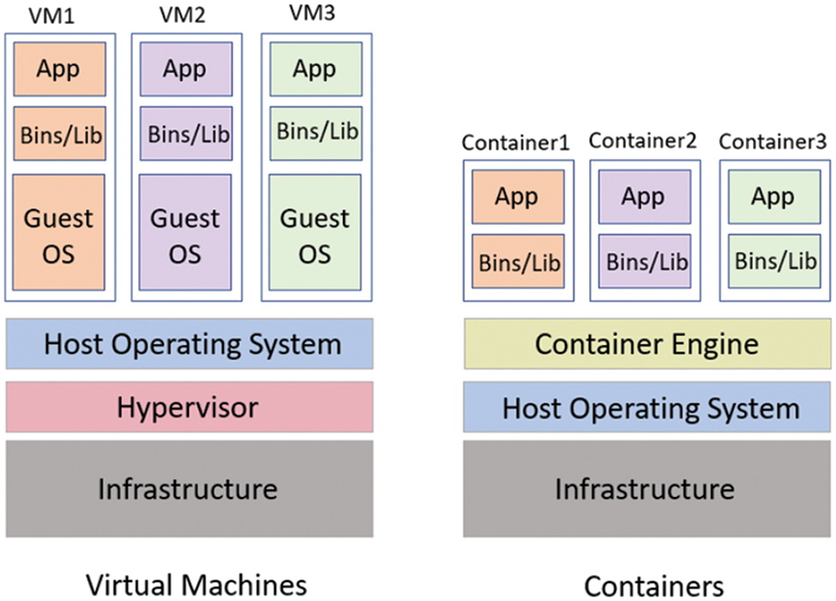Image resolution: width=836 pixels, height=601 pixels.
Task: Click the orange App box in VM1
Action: click(58, 69)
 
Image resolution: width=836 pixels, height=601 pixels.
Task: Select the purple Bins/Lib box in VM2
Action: click(185, 135)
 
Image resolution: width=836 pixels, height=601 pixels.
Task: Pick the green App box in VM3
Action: click(314, 69)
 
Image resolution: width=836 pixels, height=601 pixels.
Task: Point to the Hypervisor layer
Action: click(189, 406)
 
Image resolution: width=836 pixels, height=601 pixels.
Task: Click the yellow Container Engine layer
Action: click(647, 344)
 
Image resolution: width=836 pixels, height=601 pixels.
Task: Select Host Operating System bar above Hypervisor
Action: click(189, 344)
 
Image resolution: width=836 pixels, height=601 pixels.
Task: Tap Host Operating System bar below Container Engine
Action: click(647, 407)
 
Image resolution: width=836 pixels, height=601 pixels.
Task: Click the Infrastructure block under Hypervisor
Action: click(189, 489)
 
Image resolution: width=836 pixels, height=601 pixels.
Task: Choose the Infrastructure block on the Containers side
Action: click(647, 489)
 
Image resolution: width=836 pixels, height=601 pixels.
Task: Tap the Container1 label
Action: click(515, 142)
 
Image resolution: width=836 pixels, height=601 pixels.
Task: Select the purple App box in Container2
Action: click(643, 196)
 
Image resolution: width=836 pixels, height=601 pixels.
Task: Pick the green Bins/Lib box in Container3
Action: click(773, 260)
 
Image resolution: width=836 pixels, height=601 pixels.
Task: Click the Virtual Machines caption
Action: click(196, 585)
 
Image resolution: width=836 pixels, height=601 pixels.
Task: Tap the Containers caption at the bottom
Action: click(653, 586)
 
